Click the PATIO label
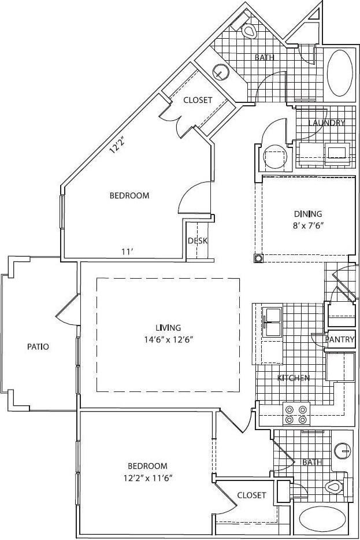(38, 347)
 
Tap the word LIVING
(168, 328)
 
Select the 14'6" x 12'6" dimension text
(168, 340)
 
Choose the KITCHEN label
(293, 378)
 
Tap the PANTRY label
(339, 340)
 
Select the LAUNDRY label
(326, 123)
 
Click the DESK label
(198, 241)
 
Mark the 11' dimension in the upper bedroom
(127, 251)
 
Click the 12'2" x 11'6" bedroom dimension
(147, 478)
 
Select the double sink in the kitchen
(272, 322)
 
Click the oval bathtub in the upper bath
(339, 73)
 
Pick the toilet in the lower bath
(333, 487)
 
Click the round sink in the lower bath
(343, 449)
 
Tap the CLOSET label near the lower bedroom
(251, 495)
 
